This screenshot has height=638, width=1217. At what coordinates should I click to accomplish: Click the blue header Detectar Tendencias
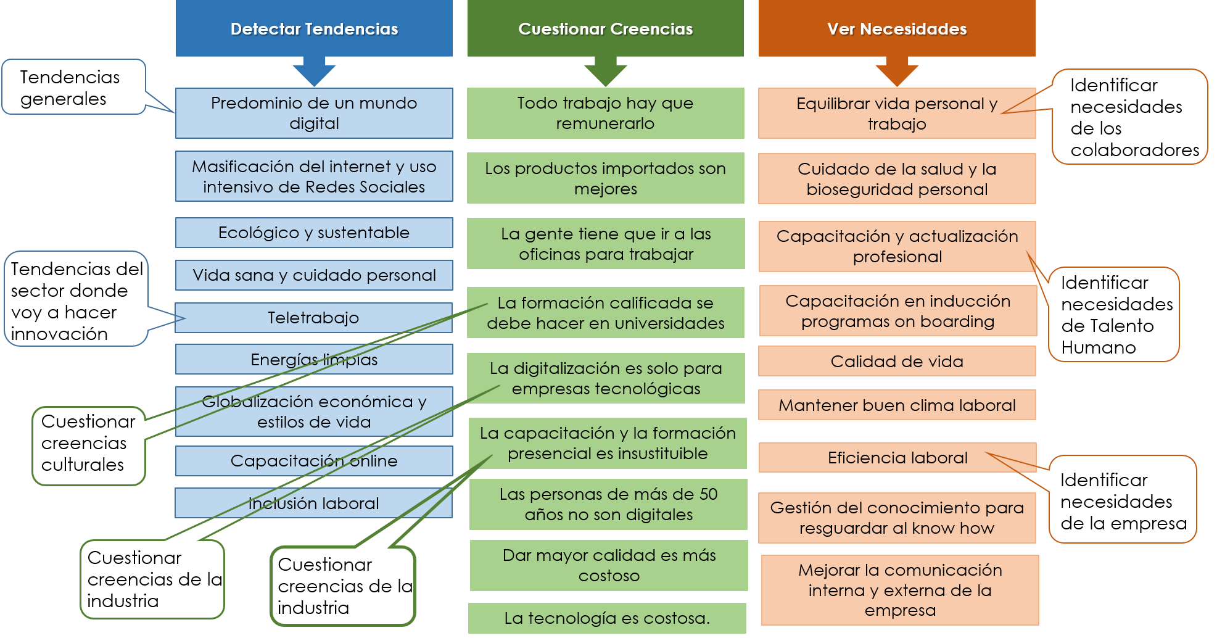(x=314, y=29)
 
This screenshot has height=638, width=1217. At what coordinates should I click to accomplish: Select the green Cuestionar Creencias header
(x=605, y=29)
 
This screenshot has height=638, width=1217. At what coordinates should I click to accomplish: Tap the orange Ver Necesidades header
(x=897, y=29)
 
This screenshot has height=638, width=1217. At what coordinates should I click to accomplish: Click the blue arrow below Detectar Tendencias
(x=314, y=72)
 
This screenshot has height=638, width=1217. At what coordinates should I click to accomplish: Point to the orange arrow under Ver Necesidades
(x=897, y=72)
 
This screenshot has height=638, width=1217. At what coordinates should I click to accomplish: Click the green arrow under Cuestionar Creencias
(x=605, y=72)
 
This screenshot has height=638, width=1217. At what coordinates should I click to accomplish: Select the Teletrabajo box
(x=313, y=318)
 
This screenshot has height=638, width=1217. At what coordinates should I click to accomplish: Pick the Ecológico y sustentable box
(x=313, y=233)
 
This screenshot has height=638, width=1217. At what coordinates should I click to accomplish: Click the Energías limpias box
(x=313, y=359)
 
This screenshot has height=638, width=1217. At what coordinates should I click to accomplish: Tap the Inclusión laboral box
(x=313, y=503)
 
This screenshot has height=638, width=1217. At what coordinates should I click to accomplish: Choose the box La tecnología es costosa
(x=607, y=618)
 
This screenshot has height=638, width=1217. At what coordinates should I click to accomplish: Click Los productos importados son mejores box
(x=605, y=178)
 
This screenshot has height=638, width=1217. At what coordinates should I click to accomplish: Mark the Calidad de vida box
(x=897, y=361)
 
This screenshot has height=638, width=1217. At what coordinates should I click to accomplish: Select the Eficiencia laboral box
(x=897, y=458)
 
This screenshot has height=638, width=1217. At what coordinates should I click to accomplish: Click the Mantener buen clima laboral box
(x=897, y=405)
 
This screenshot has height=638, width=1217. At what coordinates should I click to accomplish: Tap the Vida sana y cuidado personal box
(x=313, y=275)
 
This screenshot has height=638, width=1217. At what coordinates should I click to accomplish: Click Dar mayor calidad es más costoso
(x=609, y=565)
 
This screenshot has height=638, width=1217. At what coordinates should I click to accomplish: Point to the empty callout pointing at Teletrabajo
(x=75, y=299)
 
